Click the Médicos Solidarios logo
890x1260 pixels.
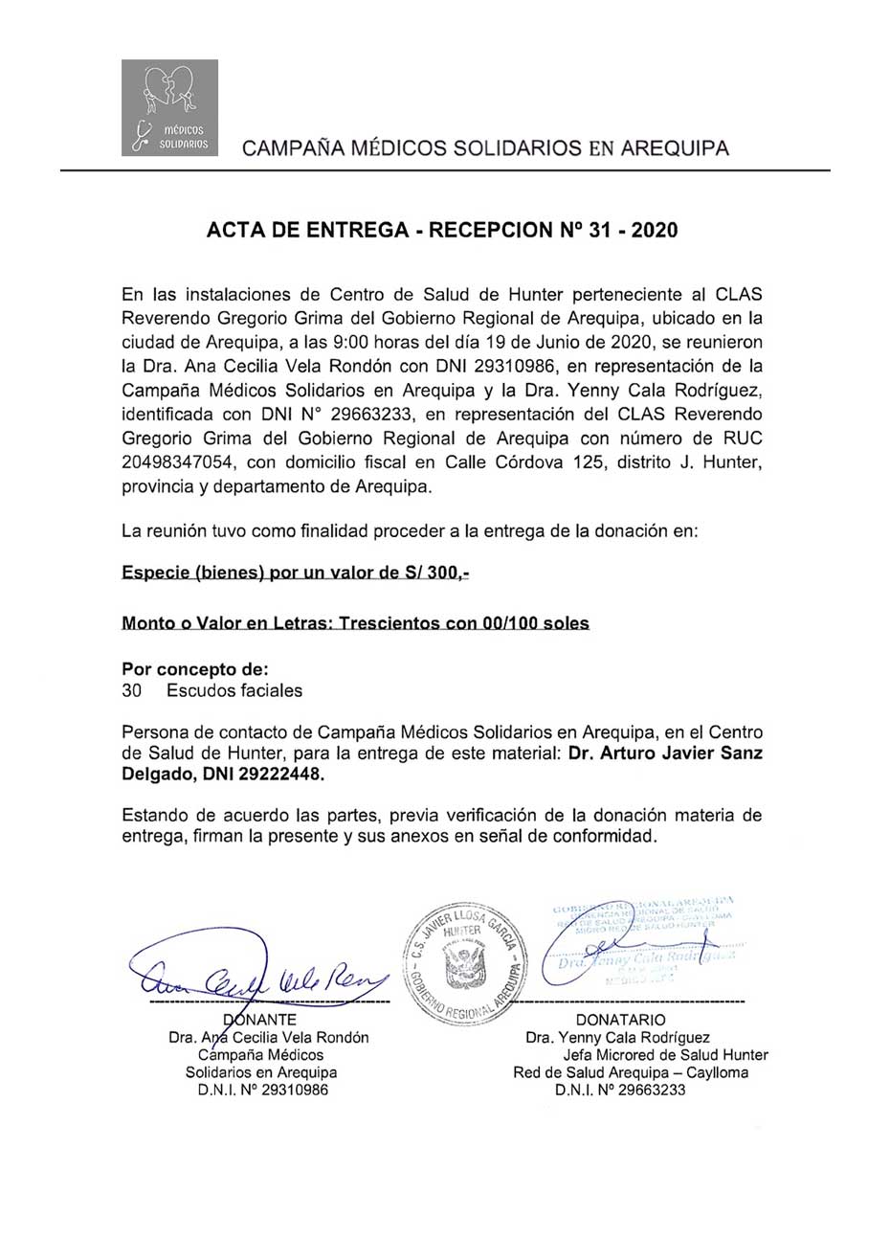[x=169, y=107]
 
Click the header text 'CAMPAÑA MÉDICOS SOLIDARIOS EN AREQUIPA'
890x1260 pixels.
[x=485, y=148]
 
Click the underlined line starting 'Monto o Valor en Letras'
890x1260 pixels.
[x=355, y=623]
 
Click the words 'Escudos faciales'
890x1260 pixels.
[x=234, y=689]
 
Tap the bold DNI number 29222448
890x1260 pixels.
[x=278, y=776]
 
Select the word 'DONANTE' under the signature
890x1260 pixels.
[x=258, y=1019]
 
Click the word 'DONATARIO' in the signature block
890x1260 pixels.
[x=620, y=1020]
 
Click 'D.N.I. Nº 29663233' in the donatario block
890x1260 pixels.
[x=620, y=1090]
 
